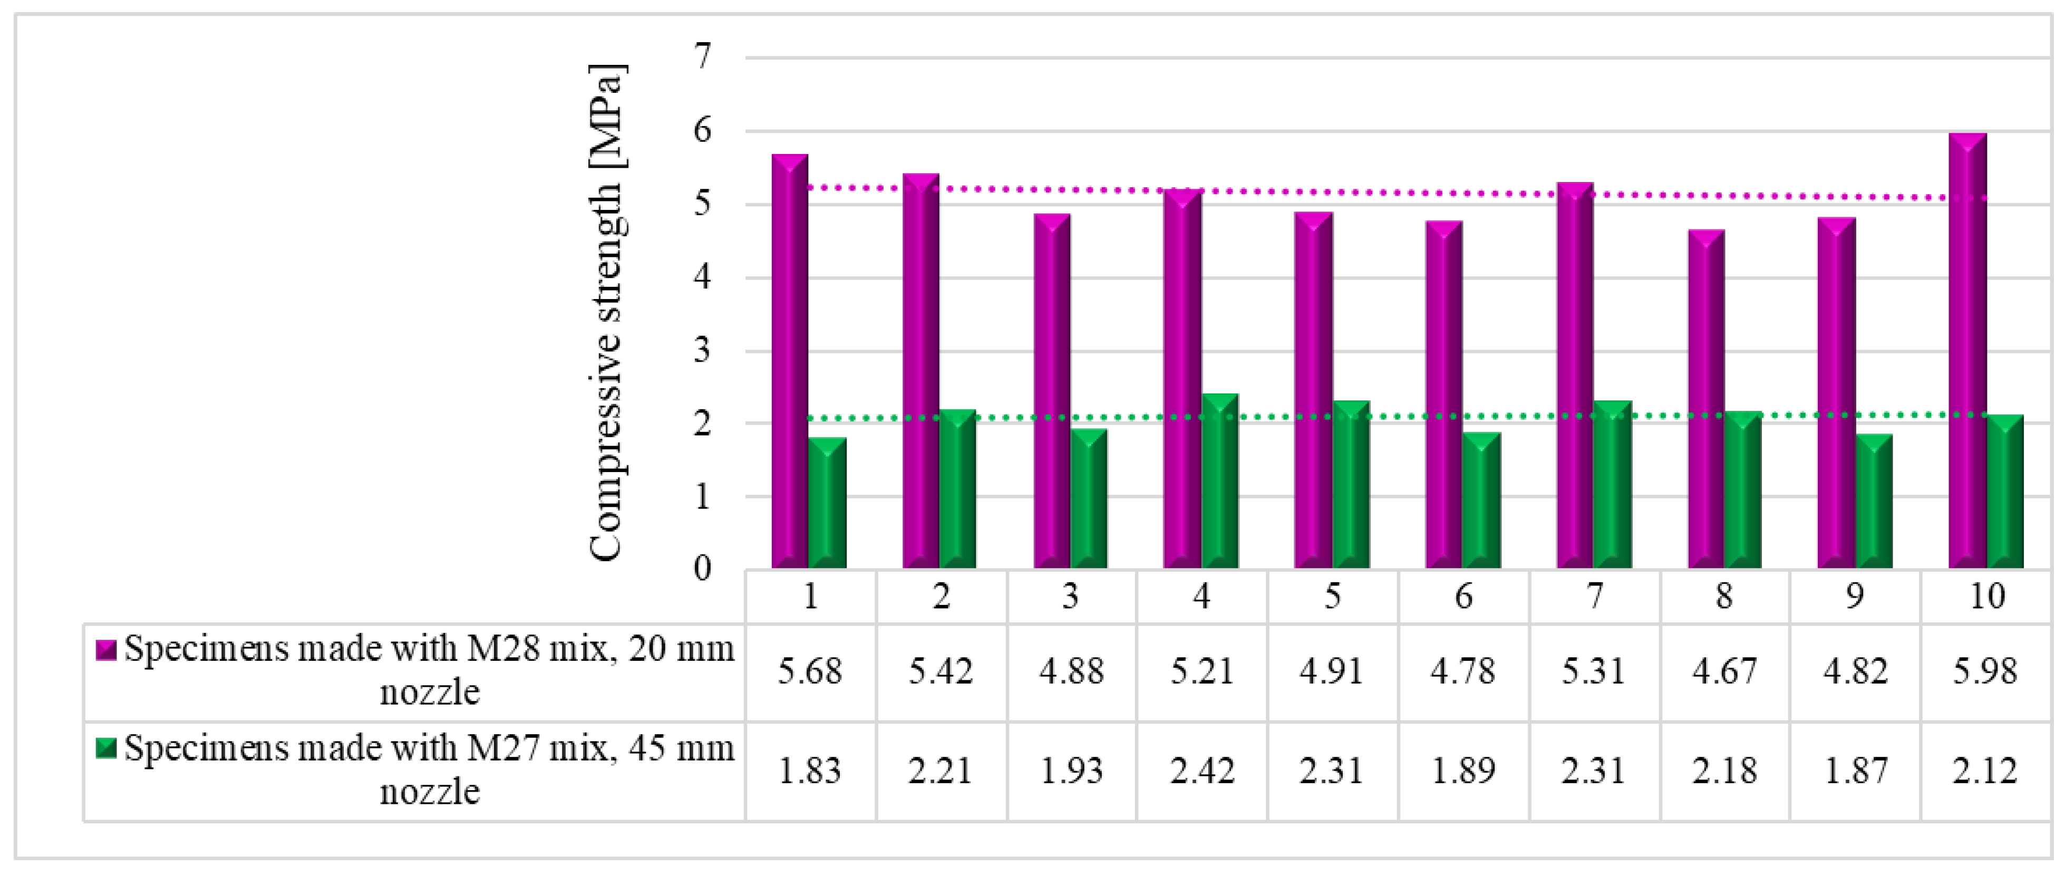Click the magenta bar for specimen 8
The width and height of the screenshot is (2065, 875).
[1706, 401]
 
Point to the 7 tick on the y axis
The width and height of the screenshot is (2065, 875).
[703, 57]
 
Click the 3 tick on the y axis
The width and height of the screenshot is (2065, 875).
[703, 351]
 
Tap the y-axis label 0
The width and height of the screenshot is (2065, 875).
[703, 569]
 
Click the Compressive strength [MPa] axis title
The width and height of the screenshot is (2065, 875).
[606, 313]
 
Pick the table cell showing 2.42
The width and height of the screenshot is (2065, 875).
[1201, 771]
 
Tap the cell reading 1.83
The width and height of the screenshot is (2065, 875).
[810, 771]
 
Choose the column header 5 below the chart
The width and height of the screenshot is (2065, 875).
[1332, 597]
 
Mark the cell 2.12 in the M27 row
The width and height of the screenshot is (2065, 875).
[1985, 771]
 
